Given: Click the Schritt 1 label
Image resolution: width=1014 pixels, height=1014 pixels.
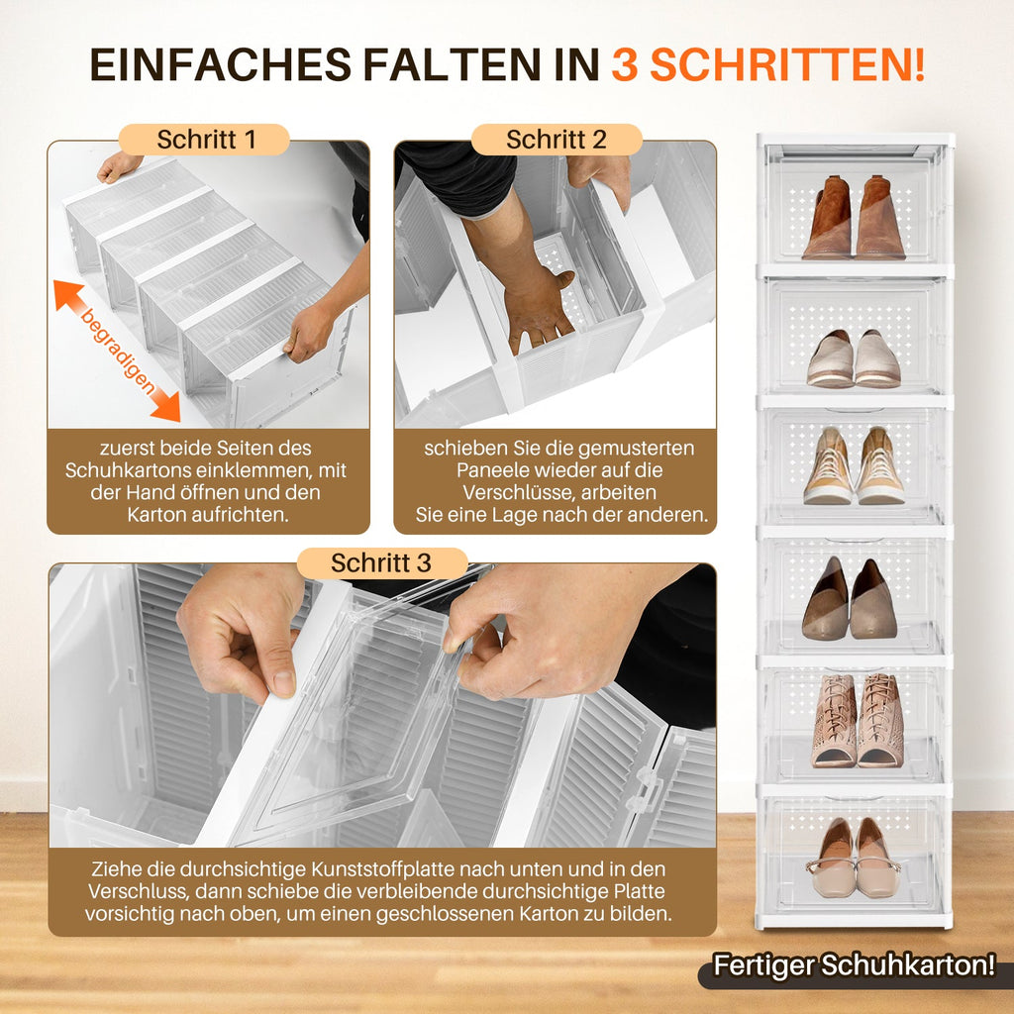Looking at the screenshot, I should pyautogui.click(x=206, y=140).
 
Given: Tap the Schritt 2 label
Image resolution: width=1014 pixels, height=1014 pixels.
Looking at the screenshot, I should pyautogui.click(x=556, y=140).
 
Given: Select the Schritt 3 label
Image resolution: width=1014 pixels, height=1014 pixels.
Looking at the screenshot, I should pyautogui.click(x=381, y=563).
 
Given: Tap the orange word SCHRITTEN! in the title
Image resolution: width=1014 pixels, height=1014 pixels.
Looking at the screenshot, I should pyautogui.click(x=787, y=64).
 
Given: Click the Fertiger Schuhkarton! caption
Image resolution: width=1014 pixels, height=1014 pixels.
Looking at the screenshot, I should pyautogui.click(x=855, y=964).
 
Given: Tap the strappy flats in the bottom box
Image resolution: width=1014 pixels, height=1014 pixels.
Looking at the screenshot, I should pyautogui.click(x=854, y=859).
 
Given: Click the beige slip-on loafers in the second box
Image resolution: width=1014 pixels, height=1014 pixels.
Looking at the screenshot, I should pyautogui.click(x=854, y=358).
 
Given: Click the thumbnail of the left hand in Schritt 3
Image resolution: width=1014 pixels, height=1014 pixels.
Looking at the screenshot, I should pyautogui.click(x=283, y=682).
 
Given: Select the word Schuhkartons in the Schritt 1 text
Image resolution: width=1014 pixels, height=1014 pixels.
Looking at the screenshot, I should pyautogui.click(x=123, y=470).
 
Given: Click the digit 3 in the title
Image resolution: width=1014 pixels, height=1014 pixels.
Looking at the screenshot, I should pyautogui.click(x=625, y=64).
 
